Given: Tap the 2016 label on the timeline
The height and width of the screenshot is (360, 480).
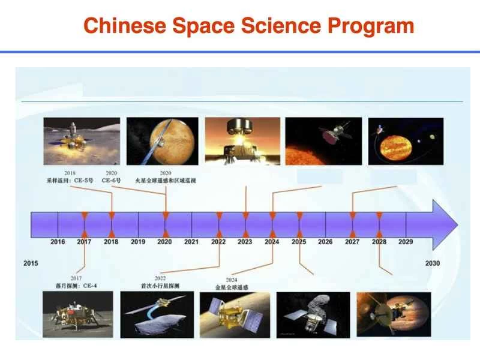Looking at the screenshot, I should (x=58, y=242).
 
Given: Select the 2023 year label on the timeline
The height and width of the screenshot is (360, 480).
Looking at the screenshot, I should (x=245, y=242).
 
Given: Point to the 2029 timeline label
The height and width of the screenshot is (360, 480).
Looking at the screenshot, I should (x=406, y=242).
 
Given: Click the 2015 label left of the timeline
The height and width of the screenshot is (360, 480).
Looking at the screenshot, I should (x=31, y=263).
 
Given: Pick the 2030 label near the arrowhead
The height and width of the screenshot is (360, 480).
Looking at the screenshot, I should (x=432, y=263).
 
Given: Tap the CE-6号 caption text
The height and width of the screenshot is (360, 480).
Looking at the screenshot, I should (x=112, y=180).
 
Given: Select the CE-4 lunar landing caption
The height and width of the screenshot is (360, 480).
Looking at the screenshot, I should (x=76, y=286).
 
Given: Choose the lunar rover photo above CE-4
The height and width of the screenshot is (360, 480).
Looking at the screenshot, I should (x=70, y=314).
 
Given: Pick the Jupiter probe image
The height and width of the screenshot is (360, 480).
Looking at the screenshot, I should (x=394, y=314).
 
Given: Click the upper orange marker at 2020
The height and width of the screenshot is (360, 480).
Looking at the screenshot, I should (x=166, y=215).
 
